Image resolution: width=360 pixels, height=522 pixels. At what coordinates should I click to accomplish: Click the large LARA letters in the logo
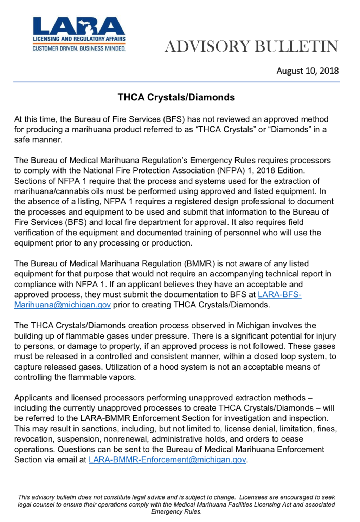pyautogui.click(x=79, y=27)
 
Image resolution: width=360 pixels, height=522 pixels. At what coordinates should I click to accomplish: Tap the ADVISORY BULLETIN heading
pyautogui.click(x=251, y=46)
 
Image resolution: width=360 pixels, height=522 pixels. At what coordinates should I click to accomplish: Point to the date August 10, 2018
pyautogui.click(x=307, y=71)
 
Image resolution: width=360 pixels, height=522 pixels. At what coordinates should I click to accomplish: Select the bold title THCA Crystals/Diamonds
pyautogui.click(x=176, y=97)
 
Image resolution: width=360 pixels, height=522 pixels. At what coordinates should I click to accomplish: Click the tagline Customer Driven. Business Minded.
pyautogui.click(x=79, y=48)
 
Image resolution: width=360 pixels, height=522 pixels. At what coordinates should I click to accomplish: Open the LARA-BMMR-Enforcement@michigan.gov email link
pyautogui.click(x=167, y=459)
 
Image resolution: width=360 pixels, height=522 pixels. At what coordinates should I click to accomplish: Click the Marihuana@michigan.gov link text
pyautogui.click(x=63, y=305)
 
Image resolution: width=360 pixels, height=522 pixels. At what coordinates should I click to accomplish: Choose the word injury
pyautogui.click(x=325, y=336)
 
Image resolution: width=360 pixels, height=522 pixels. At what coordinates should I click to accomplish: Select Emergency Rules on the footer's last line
pyautogui.click(x=176, y=511)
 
